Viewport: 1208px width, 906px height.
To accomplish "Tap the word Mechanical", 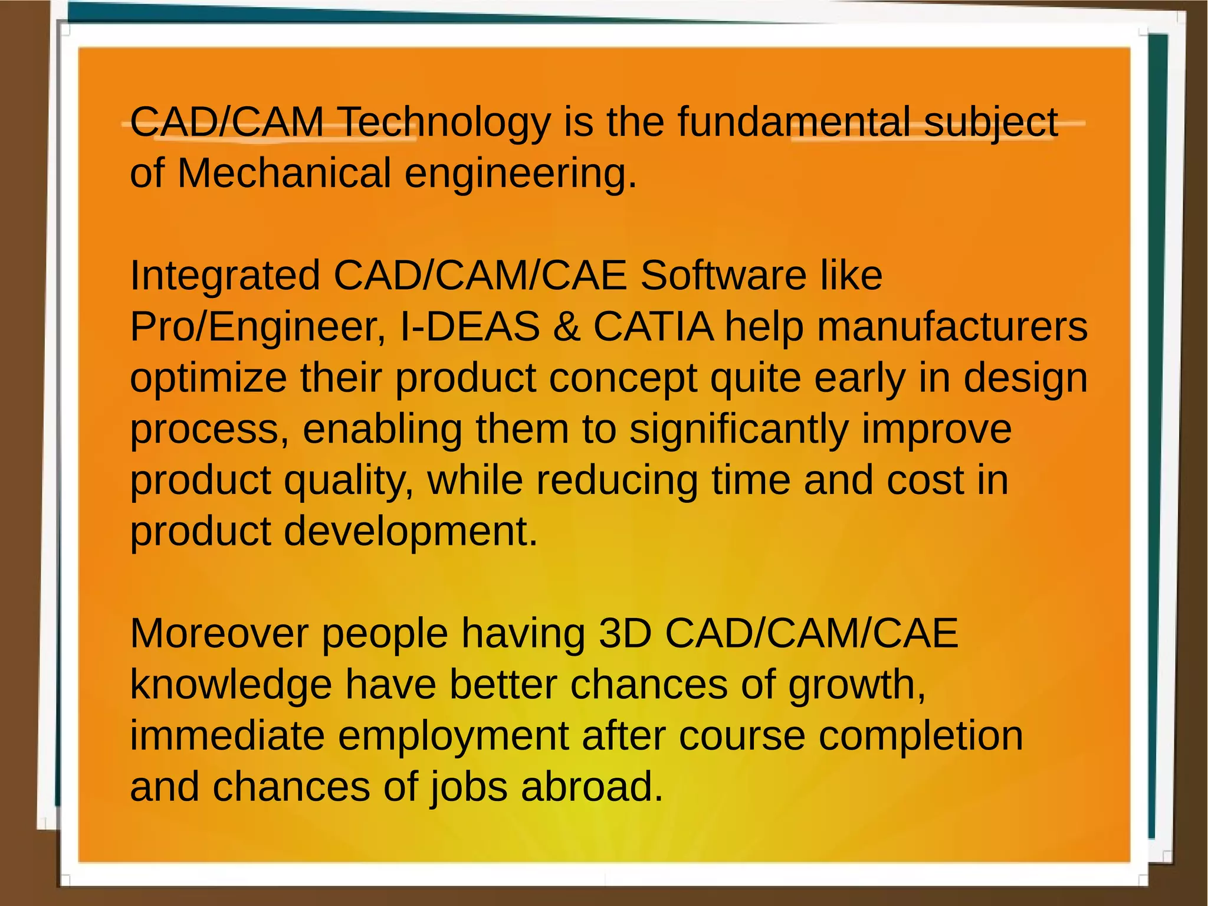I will [284, 174].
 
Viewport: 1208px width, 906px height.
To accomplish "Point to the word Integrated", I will [225, 276].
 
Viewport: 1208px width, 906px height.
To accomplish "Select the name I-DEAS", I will [470, 326].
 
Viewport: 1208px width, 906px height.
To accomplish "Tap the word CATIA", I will [654, 326].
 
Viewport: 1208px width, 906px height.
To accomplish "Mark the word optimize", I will [208, 378].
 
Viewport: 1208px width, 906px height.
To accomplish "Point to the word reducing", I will [616, 480].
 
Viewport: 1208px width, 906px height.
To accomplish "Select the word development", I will [411, 531].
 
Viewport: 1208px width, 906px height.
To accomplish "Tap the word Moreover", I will [219, 633].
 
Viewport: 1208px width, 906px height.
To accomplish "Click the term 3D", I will [625, 633].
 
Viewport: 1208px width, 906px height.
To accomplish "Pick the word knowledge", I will [231, 685].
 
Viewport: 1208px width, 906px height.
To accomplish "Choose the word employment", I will [453, 736].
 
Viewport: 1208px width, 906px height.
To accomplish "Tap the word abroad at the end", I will [592, 787].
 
